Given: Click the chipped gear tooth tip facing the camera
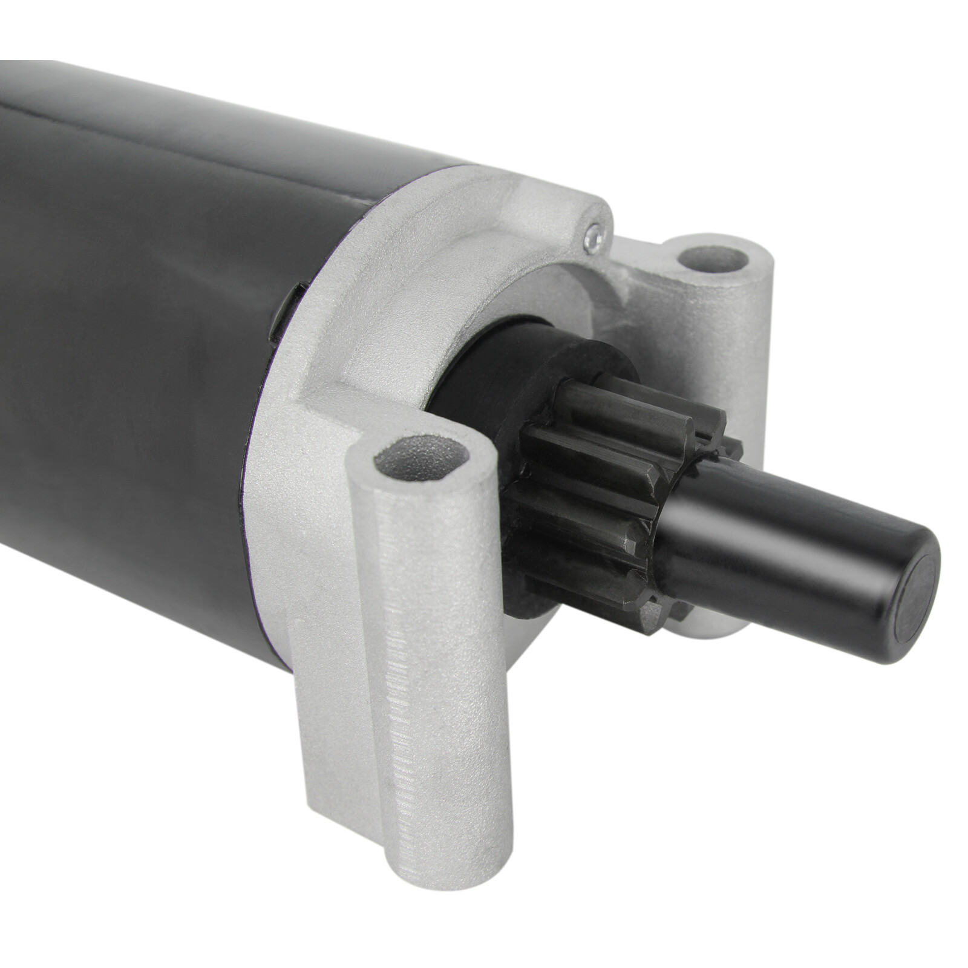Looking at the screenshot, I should click(x=632, y=548).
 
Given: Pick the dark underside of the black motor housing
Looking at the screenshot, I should click(x=121, y=605).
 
